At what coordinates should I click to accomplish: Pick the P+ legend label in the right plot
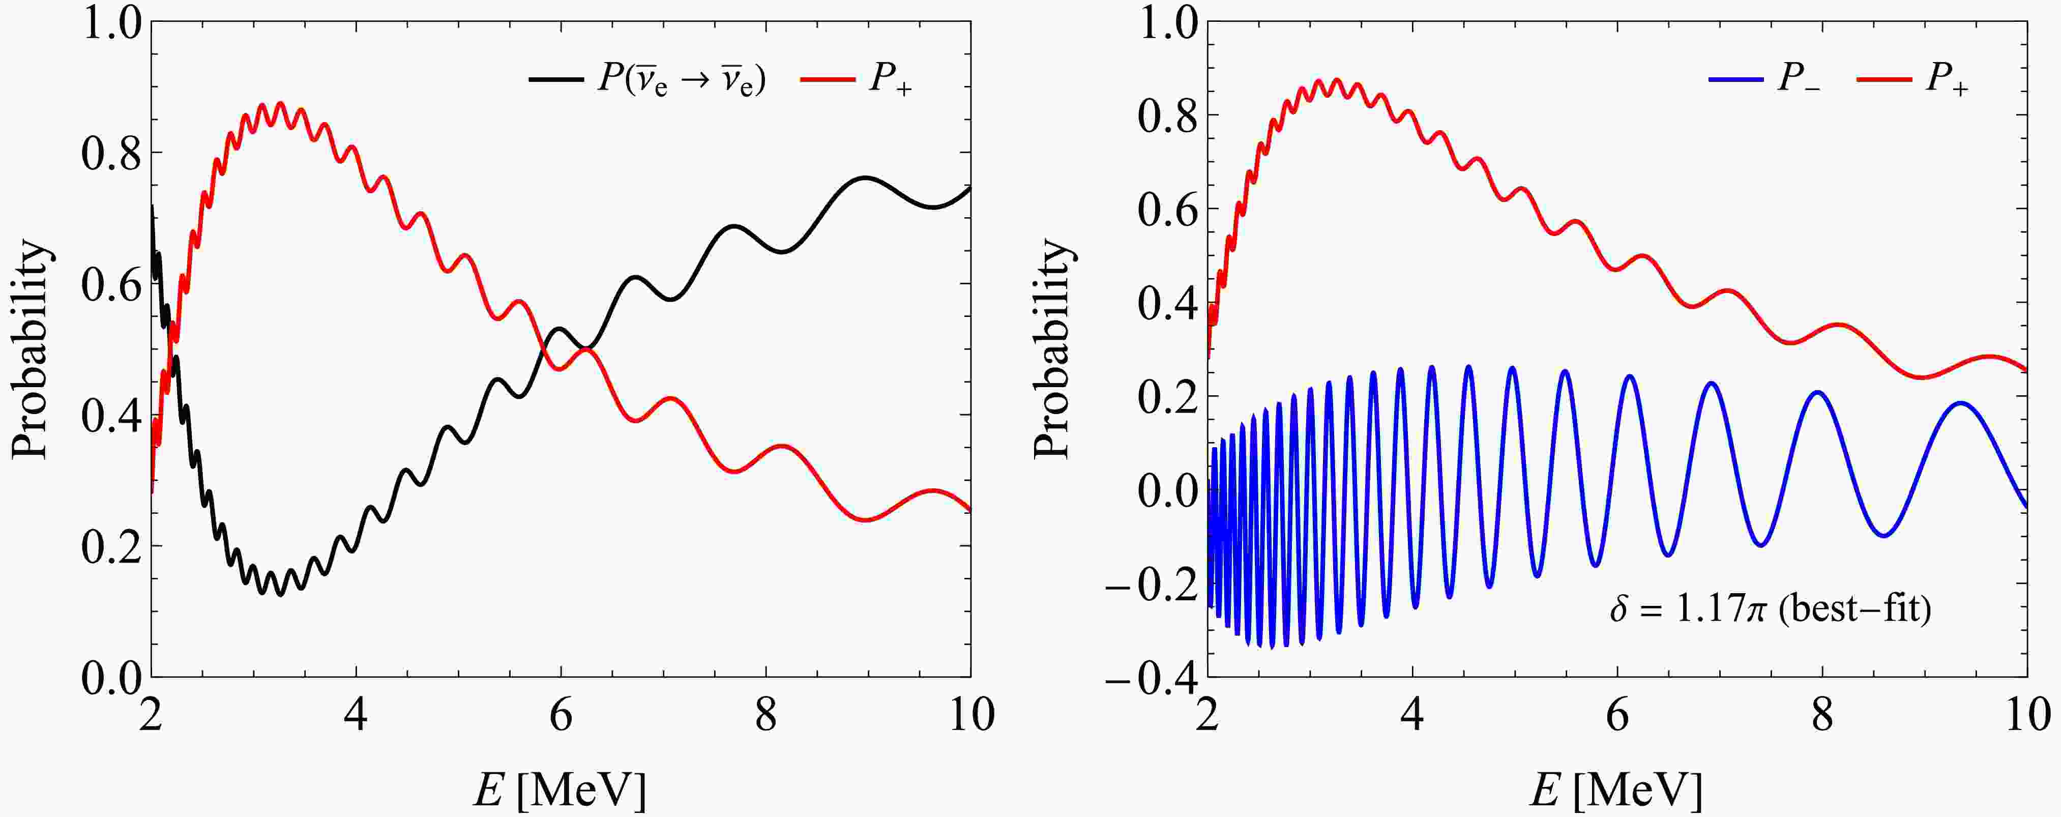[1946, 81]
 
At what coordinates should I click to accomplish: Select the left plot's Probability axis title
[31, 349]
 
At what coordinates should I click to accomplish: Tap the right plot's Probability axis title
[1051, 349]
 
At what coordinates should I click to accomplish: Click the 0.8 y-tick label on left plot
[109, 152]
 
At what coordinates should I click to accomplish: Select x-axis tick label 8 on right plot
[1822, 715]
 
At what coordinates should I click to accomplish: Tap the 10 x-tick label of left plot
[970, 715]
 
